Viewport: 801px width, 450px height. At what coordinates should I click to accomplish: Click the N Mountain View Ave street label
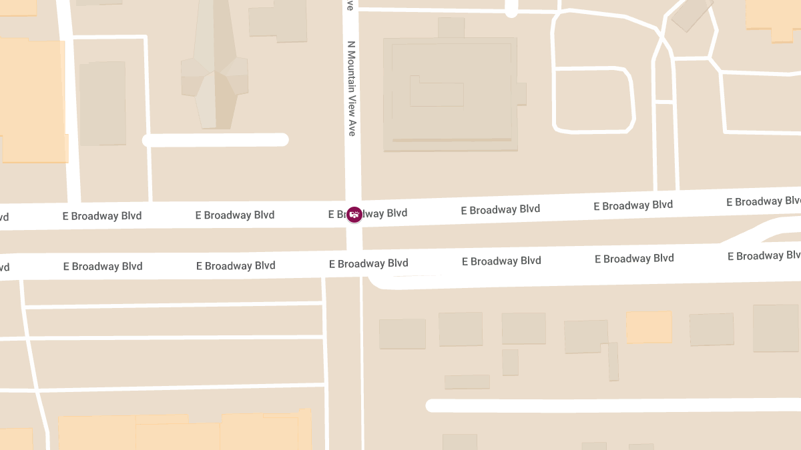(352, 89)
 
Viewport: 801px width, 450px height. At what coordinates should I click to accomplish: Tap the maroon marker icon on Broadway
(354, 215)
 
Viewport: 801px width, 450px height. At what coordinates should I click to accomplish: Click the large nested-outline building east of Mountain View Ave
(450, 93)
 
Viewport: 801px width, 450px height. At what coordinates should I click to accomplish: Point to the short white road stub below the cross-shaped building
(216, 140)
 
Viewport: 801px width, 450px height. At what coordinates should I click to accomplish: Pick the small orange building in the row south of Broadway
(649, 327)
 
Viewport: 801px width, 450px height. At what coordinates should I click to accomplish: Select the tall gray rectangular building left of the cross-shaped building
(103, 103)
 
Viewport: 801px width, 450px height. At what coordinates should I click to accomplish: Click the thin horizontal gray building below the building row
(467, 382)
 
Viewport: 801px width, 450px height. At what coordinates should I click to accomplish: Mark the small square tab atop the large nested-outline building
(451, 28)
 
